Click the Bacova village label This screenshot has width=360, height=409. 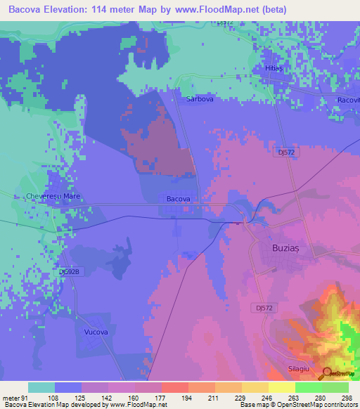179,199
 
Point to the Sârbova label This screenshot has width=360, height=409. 200,100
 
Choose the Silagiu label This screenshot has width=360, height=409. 300,368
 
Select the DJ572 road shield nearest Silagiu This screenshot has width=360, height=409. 263,307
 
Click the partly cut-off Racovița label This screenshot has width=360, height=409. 348,100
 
